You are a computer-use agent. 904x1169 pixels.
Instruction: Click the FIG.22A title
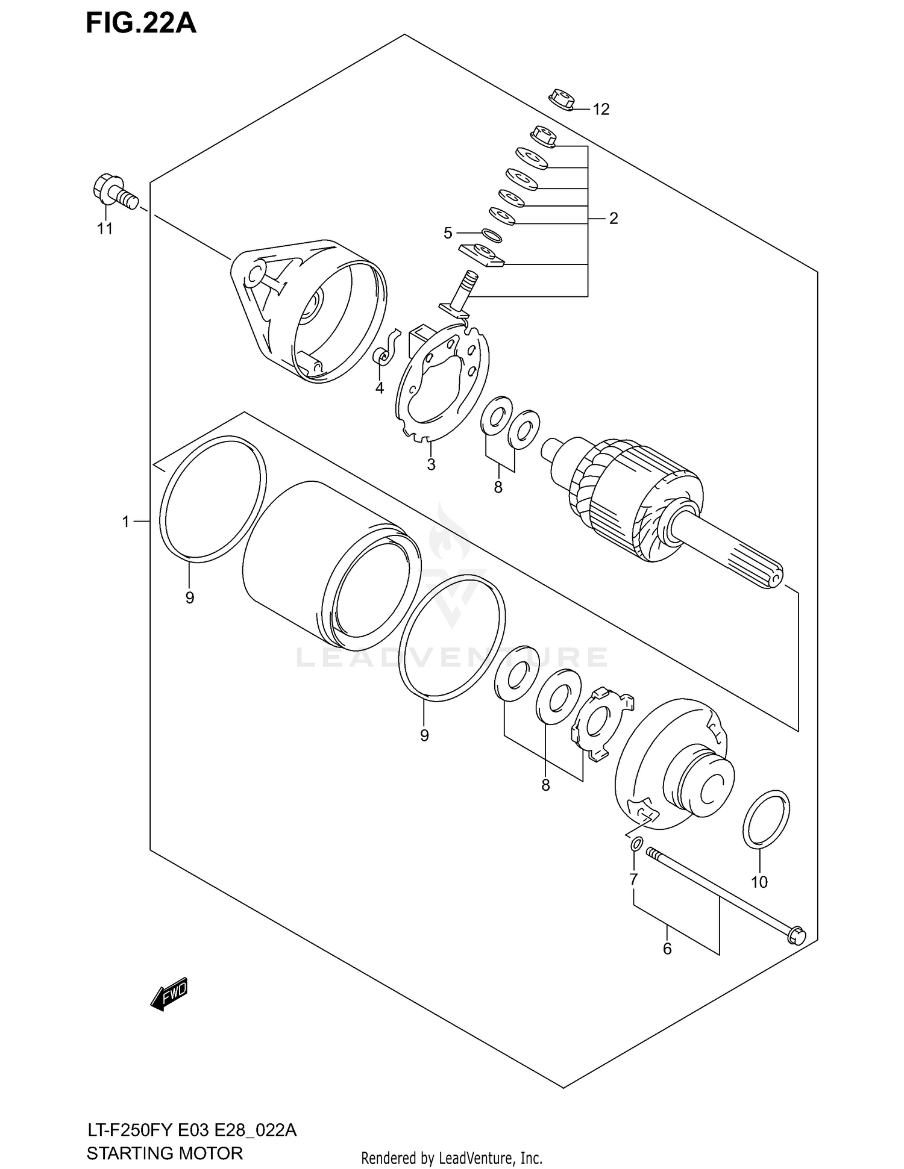tap(141, 23)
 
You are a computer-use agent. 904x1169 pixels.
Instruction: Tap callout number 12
tap(601, 109)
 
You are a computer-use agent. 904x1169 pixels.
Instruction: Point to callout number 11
tap(105, 229)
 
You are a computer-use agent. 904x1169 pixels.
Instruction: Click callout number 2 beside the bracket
tap(614, 218)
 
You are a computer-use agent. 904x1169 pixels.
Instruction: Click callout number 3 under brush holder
tap(431, 464)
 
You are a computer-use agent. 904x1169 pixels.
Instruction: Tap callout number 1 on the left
tap(125, 522)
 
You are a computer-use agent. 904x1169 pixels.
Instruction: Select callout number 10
tap(759, 882)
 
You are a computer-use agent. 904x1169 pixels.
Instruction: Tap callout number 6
tap(667, 949)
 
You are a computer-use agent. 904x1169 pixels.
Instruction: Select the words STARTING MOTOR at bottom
tap(165, 1152)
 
